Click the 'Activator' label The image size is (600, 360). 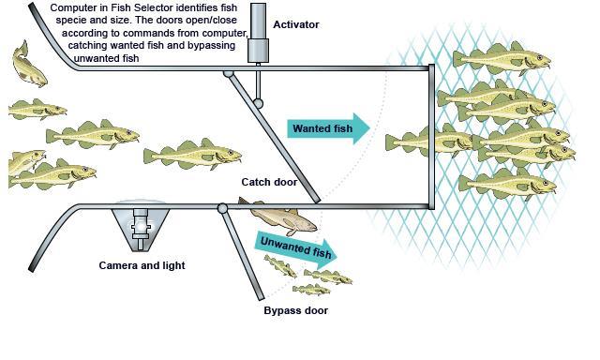click(294, 24)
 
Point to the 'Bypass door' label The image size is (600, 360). click(295, 309)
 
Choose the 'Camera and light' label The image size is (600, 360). click(142, 265)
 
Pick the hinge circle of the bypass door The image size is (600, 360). click(222, 208)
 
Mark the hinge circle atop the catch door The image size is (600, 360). click(228, 71)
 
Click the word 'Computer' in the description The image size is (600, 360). click(74, 7)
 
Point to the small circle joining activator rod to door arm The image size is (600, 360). click(258, 102)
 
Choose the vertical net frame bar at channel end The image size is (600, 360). click(432, 137)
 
